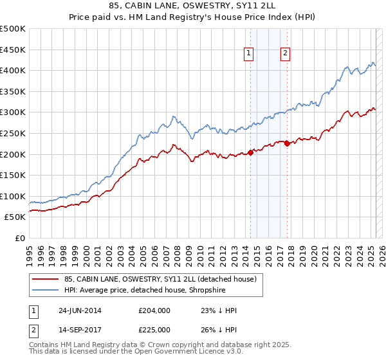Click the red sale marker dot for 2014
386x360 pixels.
point(250,152)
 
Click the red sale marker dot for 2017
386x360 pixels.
point(287,143)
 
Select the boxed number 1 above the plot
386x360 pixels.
point(248,54)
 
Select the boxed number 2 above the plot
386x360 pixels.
point(284,54)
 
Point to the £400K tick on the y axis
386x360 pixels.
point(13,70)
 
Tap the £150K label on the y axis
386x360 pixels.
point(13,175)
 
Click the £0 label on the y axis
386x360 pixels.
point(19,238)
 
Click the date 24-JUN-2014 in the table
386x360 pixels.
point(80,310)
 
